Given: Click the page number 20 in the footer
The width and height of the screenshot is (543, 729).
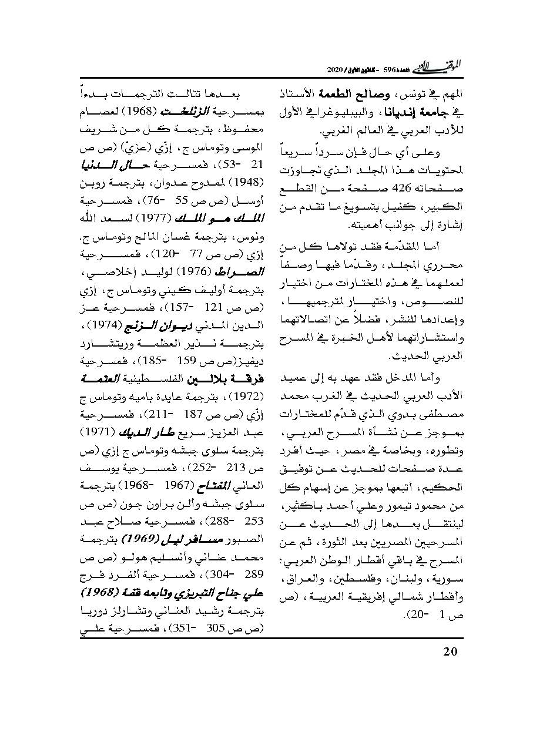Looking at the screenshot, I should point(450,651).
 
